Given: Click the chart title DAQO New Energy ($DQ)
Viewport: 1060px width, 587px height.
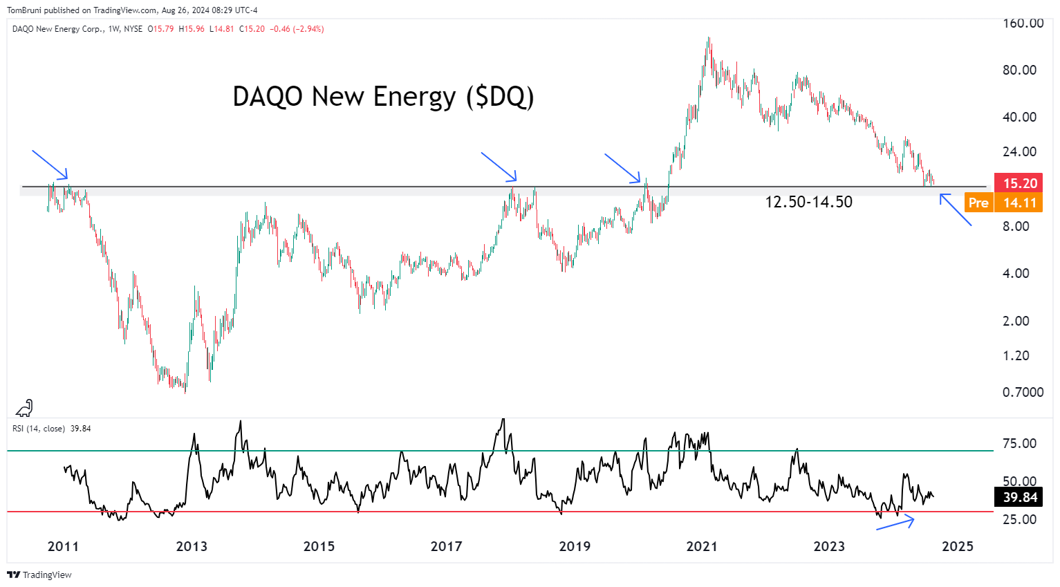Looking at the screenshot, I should point(383,97).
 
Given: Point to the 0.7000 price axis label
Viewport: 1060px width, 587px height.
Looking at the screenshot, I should point(1023,392).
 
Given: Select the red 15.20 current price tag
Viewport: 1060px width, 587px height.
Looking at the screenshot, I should point(1018,183).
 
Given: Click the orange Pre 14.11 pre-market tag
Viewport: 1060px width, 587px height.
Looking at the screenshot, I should point(1003,203).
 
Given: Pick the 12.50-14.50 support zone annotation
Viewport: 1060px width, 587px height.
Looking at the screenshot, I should point(808,202).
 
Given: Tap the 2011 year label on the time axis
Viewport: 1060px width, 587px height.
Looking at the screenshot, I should point(63,546).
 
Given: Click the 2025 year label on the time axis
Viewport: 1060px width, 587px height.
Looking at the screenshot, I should point(957,546).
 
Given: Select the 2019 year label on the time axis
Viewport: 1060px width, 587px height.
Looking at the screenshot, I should point(574,546).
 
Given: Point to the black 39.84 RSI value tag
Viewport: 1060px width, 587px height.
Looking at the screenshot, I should point(1020,497).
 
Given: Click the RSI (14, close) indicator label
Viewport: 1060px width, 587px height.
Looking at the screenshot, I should point(39,429).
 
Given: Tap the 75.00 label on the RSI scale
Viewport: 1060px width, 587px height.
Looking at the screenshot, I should point(1019,443).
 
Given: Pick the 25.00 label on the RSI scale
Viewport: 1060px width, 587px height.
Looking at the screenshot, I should point(1019,519).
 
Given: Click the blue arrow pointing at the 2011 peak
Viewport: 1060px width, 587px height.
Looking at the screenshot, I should point(50,164).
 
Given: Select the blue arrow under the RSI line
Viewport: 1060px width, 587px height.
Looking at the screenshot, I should point(895,523).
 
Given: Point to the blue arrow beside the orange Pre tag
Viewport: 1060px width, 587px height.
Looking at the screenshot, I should point(956,210).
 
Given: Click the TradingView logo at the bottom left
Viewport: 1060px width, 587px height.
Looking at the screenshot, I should point(39,575).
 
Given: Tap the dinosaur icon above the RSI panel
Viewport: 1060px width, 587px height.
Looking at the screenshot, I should point(24,408).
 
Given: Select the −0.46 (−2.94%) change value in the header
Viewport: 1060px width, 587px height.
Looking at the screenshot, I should point(297,29).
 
